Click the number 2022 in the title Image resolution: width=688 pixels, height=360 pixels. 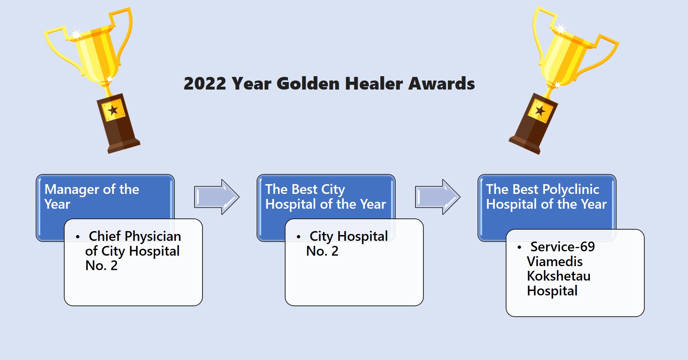tap(205, 83)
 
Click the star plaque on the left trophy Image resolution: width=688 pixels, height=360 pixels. tap(113, 110)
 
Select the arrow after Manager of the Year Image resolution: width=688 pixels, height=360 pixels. tap(217, 197)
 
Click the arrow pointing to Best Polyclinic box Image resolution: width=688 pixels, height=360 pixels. tap(437, 197)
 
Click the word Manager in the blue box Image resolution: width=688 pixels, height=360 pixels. tap(72, 189)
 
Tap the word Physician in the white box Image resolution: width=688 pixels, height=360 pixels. tap(152, 237)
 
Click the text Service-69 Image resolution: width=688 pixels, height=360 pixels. tap(562, 247)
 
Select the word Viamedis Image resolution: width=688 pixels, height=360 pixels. tap(555, 261)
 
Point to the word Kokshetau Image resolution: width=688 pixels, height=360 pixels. tap(558, 276)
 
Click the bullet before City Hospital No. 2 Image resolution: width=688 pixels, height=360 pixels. tap(299, 237)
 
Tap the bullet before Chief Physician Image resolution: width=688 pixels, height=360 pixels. tap(78, 237)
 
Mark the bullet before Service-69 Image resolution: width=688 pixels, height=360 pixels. tap(519, 248)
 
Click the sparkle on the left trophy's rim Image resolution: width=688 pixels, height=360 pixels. tap(76, 34)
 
